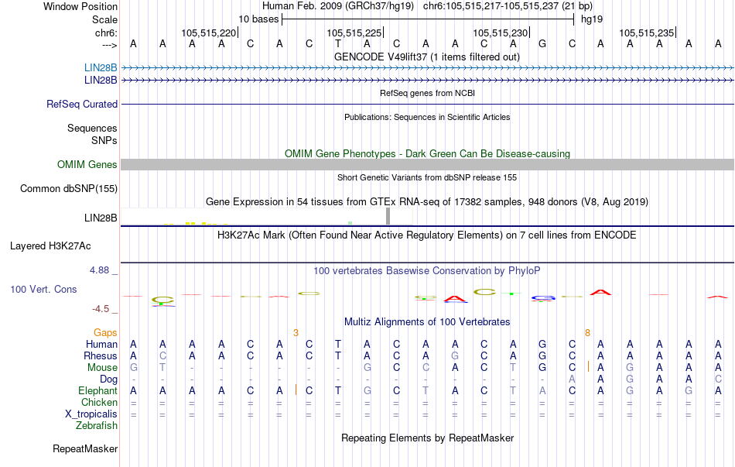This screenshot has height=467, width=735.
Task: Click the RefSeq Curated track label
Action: [82, 104]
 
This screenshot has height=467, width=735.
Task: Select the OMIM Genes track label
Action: [87, 164]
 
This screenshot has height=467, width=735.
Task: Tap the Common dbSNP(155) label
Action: [69, 188]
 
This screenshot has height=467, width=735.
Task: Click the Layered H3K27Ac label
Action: [50, 246]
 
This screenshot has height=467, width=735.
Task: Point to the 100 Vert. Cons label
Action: [43, 289]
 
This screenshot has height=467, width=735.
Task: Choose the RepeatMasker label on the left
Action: [85, 448]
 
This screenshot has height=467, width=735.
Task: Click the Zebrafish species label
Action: [97, 425]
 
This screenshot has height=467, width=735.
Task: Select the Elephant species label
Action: [97, 390]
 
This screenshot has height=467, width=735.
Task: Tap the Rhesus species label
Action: [100, 355]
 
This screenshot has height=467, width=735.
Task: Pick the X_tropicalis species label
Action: [91, 414]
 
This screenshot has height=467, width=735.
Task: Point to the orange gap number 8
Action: [587, 332]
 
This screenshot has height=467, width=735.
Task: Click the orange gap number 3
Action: [296, 332]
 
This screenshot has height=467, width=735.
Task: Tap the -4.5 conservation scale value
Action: [101, 308]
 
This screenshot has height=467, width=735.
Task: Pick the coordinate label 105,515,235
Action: [647, 33]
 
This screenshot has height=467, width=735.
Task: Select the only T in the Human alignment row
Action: [338, 344]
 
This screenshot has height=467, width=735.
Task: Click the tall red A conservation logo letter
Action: [601, 292]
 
